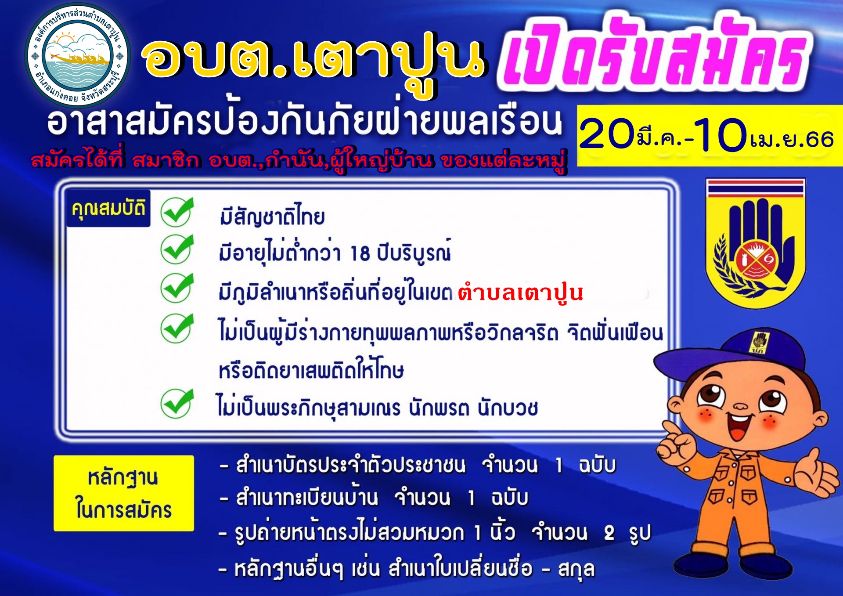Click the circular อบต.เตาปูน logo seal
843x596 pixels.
click(78, 56)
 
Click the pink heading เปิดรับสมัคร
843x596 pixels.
click(654, 54)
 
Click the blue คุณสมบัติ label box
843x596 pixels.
click(108, 209)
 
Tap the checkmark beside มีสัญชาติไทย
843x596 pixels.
click(177, 212)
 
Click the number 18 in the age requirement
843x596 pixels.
click(360, 253)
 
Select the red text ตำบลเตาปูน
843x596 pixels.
click(520, 293)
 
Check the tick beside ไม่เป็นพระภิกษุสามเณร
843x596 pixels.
click(177, 403)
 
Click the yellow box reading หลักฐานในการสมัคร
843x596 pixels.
click(124, 493)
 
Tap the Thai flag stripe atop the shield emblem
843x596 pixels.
click(756, 188)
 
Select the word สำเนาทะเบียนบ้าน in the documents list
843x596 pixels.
click(307, 498)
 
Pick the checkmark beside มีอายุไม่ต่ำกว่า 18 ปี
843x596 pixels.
click(177, 249)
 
